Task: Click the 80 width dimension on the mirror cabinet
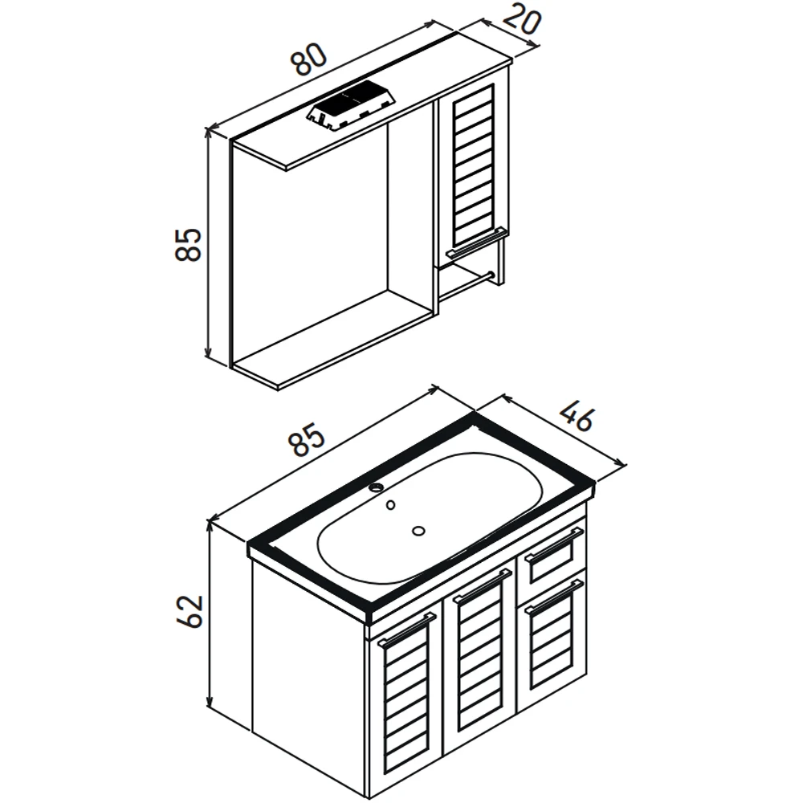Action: [x=308, y=58]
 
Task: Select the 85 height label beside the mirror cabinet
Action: [x=188, y=245]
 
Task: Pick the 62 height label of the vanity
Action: [x=190, y=611]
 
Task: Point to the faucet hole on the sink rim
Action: [x=377, y=487]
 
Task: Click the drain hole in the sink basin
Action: [x=419, y=531]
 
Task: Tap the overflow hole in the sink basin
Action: [x=391, y=505]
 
